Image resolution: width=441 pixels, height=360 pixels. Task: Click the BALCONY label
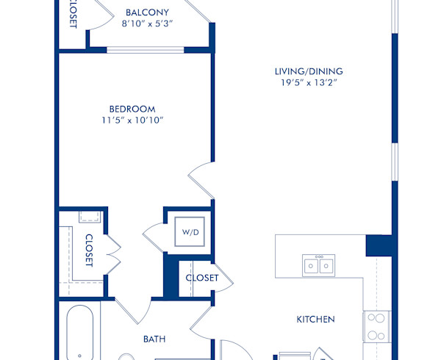pyautogui.click(x=147, y=12)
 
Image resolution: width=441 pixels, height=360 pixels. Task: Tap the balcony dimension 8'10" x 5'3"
pyautogui.click(x=147, y=24)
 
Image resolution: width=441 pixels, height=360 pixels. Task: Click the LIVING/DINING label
pyautogui.click(x=309, y=71)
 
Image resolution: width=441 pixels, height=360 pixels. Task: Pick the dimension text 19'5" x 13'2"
pyautogui.click(x=309, y=82)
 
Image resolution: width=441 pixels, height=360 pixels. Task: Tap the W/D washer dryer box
pyautogui.click(x=190, y=232)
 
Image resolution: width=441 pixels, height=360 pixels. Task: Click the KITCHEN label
pyautogui.click(x=315, y=320)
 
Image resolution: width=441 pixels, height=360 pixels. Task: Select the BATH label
pyautogui.click(x=154, y=339)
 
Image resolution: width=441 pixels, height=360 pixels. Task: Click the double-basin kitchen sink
pyautogui.click(x=319, y=264)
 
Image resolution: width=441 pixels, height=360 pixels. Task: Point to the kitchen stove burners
pyautogui.click(x=376, y=328)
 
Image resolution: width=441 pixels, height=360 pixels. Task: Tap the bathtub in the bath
pyautogui.click(x=79, y=334)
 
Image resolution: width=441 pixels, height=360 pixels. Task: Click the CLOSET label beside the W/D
pyautogui.click(x=201, y=278)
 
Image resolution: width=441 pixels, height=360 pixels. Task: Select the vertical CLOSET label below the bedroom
pyautogui.click(x=89, y=251)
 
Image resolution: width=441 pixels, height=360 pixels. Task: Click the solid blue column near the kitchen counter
pyautogui.click(x=379, y=245)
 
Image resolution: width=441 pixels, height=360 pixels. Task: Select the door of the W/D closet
pyautogui.click(x=155, y=235)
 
